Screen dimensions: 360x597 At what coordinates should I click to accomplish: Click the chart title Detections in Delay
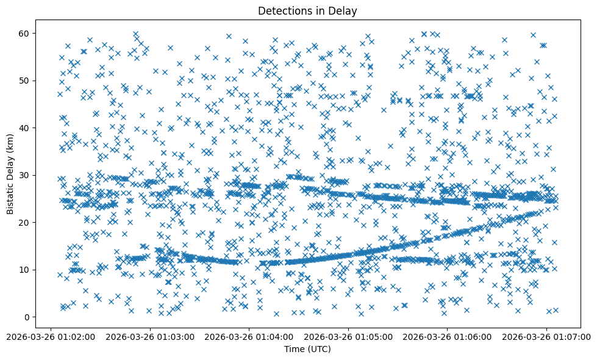click(x=307, y=10)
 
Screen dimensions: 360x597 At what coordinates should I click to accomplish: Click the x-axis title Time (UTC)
click(x=307, y=349)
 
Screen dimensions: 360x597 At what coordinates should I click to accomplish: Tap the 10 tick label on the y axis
click(x=25, y=270)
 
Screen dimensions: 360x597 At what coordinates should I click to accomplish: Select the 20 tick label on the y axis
click(x=25, y=222)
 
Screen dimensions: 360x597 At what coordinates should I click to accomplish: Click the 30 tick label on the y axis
click(x=25, y=175)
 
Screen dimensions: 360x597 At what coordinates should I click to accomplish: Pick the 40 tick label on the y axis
click(x=25, y=128)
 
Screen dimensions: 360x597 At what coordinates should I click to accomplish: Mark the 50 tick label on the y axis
click(x=25, y=81)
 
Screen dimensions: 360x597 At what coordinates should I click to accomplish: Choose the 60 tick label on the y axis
click(x=25, y=33)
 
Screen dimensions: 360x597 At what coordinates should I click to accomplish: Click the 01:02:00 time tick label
click(x=51, y=336)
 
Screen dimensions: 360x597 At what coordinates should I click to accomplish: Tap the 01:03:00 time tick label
click(x=150, y=336)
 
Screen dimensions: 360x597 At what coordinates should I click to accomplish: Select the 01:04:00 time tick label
click(x=249, y=336)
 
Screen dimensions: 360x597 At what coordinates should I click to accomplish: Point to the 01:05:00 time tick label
click(x=348, y=336)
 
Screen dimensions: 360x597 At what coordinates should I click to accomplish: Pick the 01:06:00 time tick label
click(x=447, y=336)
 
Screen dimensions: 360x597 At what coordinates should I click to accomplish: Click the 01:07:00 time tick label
click(x=546, y=336)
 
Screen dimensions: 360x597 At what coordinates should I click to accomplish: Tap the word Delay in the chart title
click(x=344, y=10)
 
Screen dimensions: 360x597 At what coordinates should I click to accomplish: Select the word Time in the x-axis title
click(x=294, y=349)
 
